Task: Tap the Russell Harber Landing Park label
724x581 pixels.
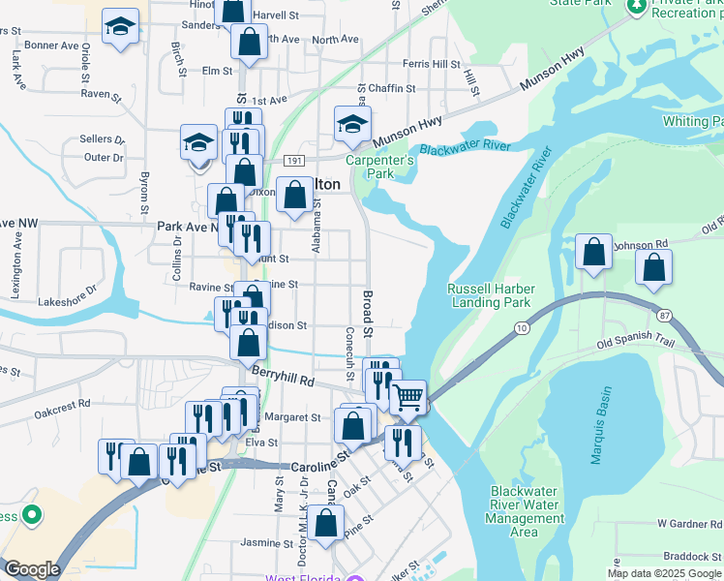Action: click(x=489, y=296)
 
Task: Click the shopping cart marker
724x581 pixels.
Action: click(x=408, y=396)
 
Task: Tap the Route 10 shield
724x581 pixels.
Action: click(x=522, y=328)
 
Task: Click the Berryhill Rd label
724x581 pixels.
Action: click(x=284, y=376)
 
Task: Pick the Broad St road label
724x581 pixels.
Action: click(x=367, y=313)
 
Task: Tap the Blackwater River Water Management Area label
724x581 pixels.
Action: click(x=524, y=511)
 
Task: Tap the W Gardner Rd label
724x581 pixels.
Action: click(x=689, y=523)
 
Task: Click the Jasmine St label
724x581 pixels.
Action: click(x=266, y=542)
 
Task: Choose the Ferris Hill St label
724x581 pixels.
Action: click(x=432, y=64)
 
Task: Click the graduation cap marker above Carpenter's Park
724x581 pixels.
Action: click(x=352, y=123)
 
